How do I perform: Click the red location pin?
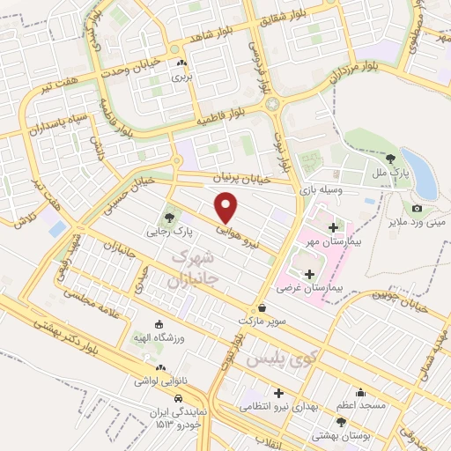click(227, 206)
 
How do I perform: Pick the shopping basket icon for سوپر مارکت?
click(263, 307)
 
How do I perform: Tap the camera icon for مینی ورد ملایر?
click(417, 209)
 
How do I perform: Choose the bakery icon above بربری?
click(181, 63)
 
